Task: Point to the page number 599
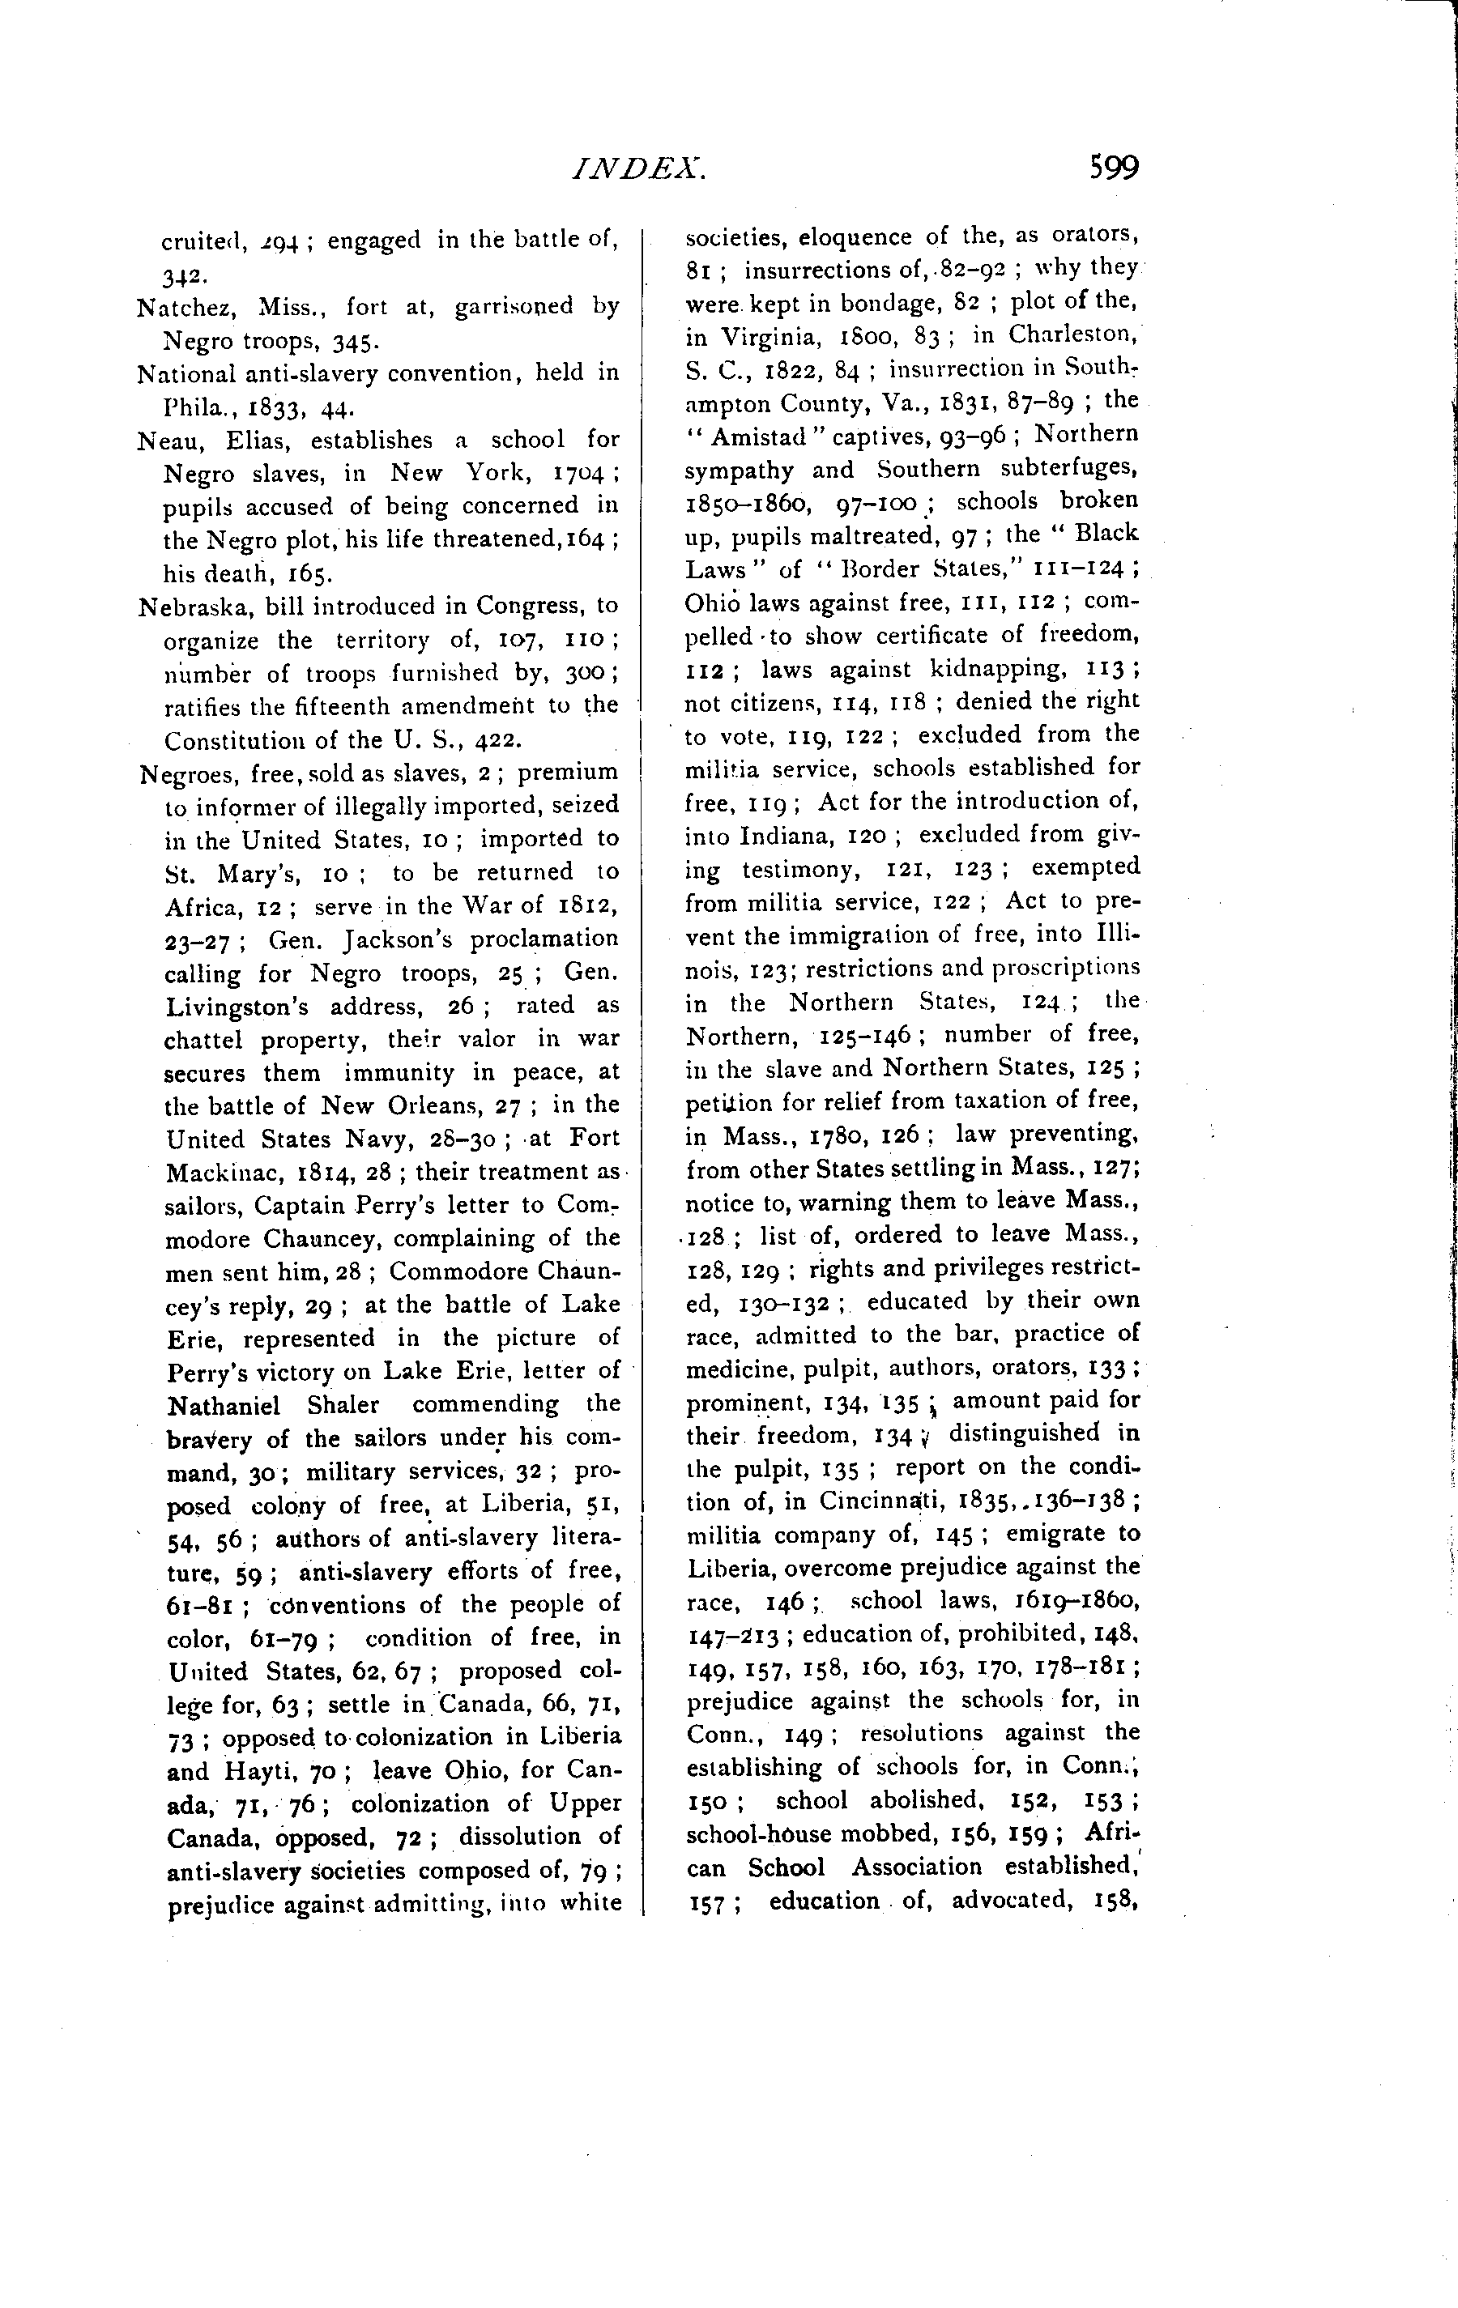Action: point(1113,168)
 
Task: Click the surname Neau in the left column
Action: point(163,440)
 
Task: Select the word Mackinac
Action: point(221,1172)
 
